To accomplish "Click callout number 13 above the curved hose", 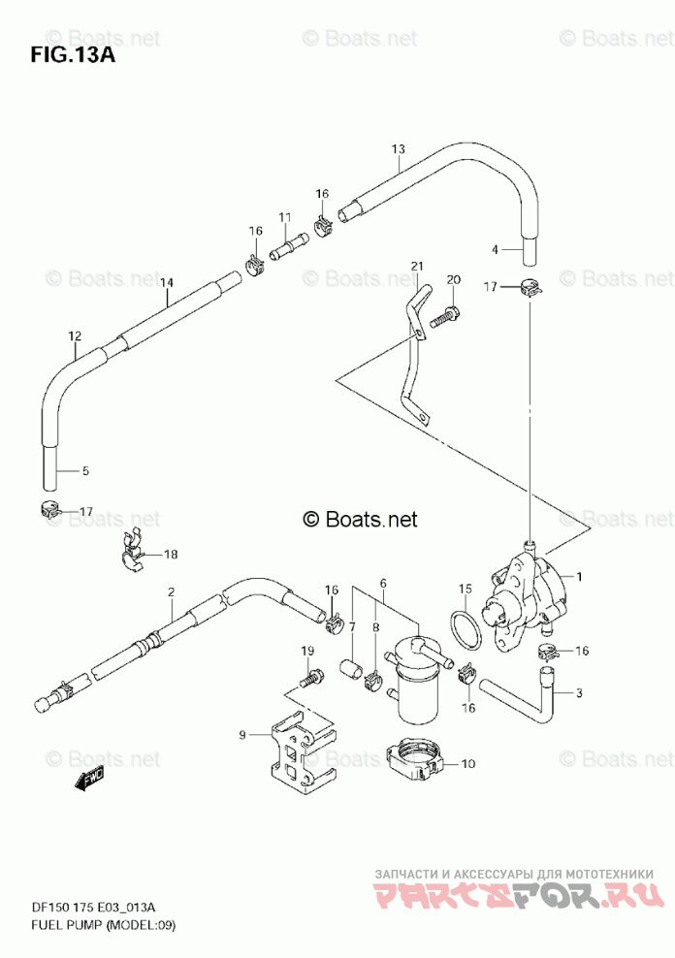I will [x=398, y=148].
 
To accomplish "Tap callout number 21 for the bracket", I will [x=417, y=267].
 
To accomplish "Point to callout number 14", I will [x=167, y=282].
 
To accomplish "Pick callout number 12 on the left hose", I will [x=75, y=336].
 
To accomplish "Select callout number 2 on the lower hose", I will [x=171, y=591].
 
